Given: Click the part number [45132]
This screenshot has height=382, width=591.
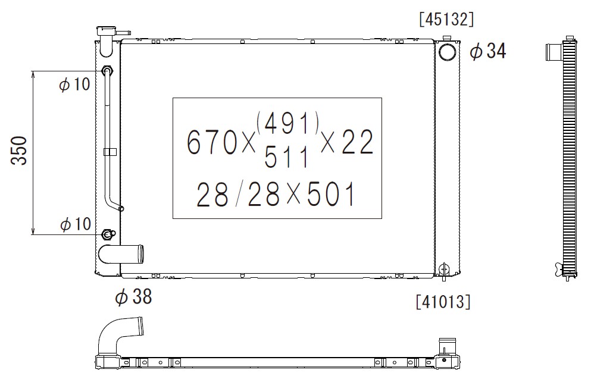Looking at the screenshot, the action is (x=446, y=19).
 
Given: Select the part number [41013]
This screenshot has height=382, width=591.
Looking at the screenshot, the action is (x=443, y=302).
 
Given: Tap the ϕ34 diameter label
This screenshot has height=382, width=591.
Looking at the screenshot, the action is (x=487, y=51).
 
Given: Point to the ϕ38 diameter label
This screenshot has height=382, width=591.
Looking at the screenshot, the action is (x=133, y=296).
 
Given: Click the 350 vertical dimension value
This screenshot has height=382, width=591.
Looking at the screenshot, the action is (x=19, y=151).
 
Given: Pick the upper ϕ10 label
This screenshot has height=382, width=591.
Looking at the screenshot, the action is (x=74, y=84).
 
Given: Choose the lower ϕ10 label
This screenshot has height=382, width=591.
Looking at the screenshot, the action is (x=76, y=224).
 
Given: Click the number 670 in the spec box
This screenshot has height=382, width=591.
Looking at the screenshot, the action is (x=212, y=142).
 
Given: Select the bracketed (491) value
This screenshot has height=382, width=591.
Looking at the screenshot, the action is (x=287, y=123).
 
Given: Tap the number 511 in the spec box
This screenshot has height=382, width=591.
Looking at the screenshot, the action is (x=286, y=157).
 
